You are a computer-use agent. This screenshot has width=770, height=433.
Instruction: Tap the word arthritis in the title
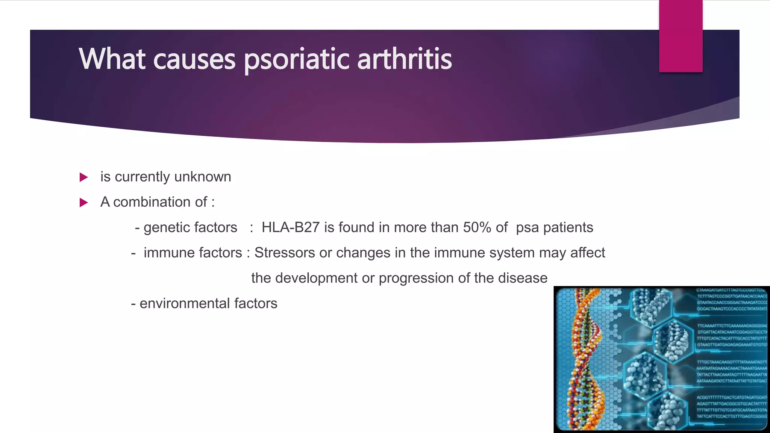[404, 59]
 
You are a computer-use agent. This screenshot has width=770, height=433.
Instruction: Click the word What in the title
[112, 59]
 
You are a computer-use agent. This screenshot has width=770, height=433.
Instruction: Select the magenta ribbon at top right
[681, 36]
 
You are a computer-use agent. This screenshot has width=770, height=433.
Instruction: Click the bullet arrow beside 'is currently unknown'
[84, 177]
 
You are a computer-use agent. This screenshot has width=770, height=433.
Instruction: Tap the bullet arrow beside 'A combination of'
[84, 203]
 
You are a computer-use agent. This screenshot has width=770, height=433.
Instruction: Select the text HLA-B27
[290, 227]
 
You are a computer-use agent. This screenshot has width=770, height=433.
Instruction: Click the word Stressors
[284, 253]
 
